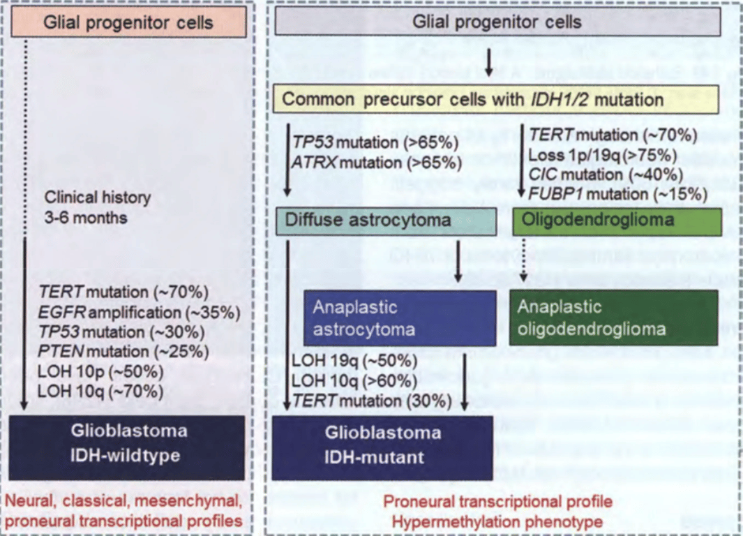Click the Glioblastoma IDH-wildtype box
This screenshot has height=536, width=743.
pyautogui.click(x=129, y=447)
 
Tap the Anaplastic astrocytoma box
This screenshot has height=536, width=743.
pyautogui.click(x=400, y=318)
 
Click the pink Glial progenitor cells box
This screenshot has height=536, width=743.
pyautogui.click(x=128, y=22)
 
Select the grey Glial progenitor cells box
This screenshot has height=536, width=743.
pyautogui.click(x=497, y=22)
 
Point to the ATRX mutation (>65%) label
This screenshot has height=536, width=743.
pyautogui.click(x=377, y=163)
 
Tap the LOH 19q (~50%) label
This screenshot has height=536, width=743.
pyautogui.click(x=354, y=362)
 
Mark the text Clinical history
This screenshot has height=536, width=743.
pyautogui.click(x=97, y=198)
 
